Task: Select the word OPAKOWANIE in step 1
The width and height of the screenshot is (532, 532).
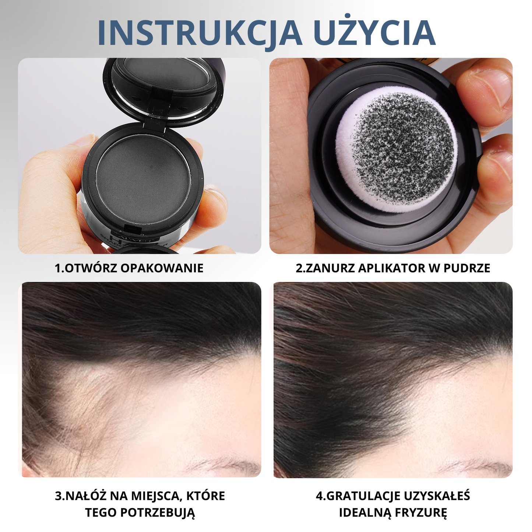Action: point(162,268)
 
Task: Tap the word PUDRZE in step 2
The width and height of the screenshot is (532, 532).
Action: point(466,268)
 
